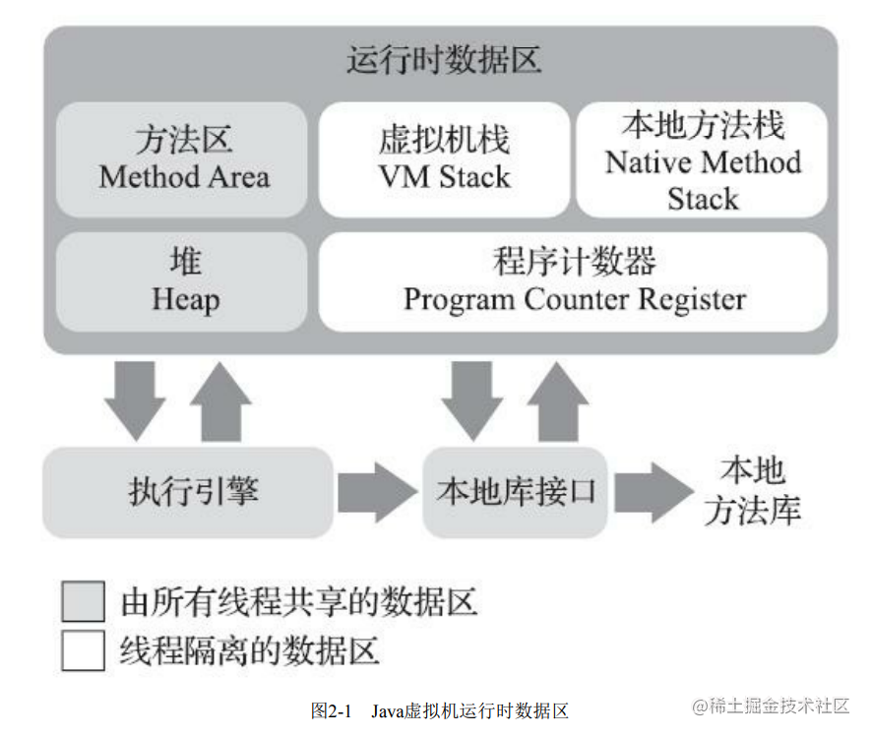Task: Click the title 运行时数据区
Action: click(444, 59)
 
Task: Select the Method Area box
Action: click(182, 159)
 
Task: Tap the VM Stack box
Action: click(444, 159)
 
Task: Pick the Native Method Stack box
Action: click(702, 159)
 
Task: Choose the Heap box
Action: click(182, 282)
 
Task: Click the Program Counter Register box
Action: click(573, 282)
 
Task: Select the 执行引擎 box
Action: click(188, 493)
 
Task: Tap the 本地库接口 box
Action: click(515, 493)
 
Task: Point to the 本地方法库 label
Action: click(753, 491)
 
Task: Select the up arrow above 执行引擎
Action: click(221, 402)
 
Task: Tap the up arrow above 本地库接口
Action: click(558, 402)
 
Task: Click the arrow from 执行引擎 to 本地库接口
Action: click(378, 492)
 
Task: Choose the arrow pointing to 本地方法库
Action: click(653, 492)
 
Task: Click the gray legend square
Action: click(84, 601)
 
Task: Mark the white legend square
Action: click(84, 650)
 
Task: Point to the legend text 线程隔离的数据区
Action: click(250, 650)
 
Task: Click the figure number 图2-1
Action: click(331, 710)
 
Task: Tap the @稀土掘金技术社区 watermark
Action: click(771, 706)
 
